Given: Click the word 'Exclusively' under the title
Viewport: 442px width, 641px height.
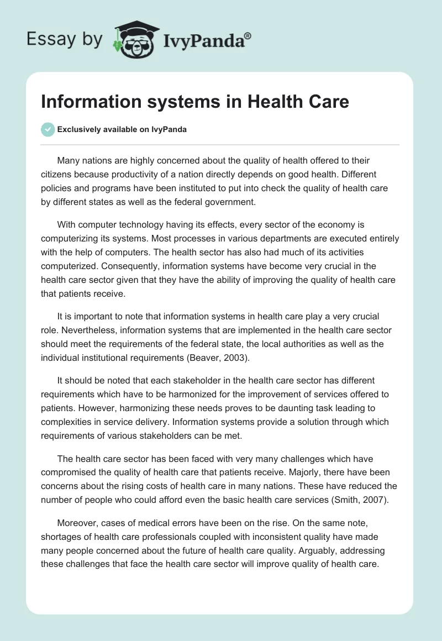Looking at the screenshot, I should tap(78, 130).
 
